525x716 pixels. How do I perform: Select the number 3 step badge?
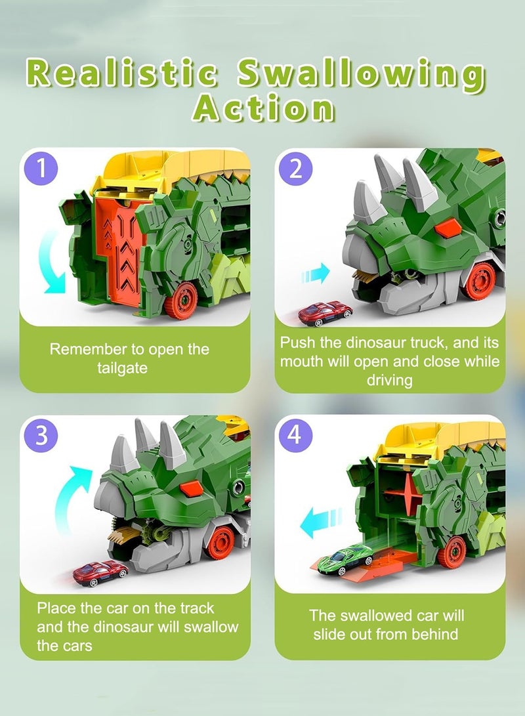tap(42, 436)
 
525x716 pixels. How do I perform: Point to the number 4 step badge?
tap(296, 436)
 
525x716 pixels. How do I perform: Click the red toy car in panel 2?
tap(324, 313)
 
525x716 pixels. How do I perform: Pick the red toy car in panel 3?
tap(100, 572)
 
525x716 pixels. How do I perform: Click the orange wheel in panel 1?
tap(180, 301)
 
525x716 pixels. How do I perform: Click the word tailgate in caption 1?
tap(123, 368)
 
